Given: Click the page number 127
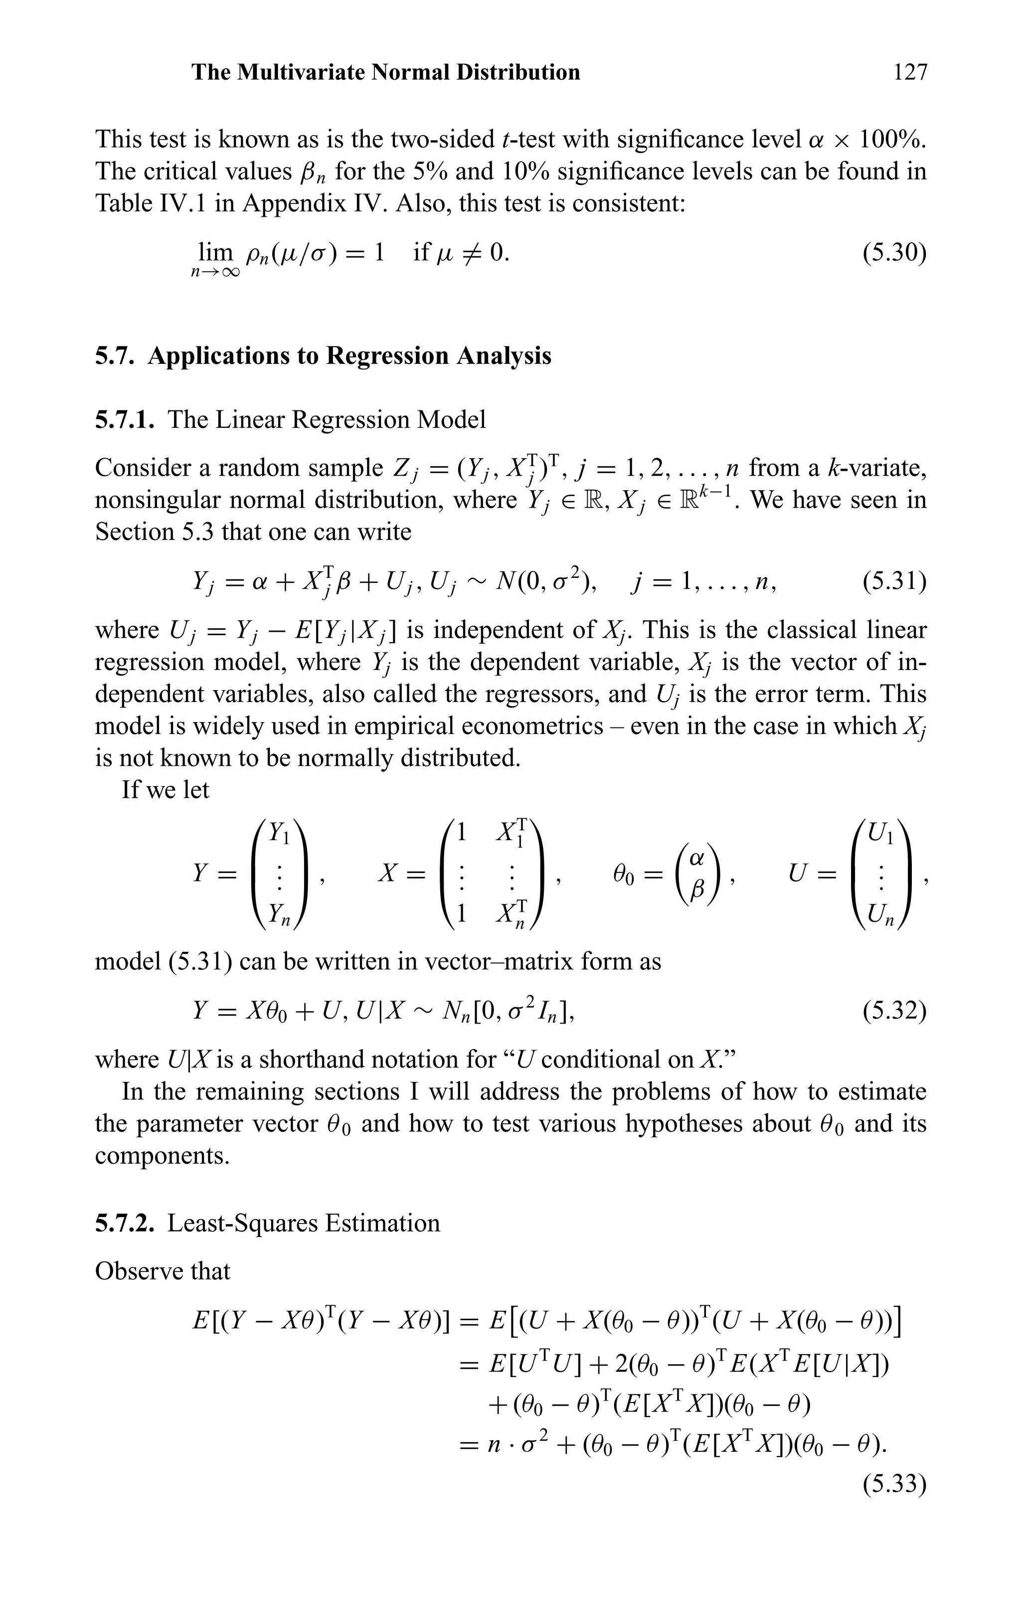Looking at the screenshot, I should pyautogui.click(x=909, y=72).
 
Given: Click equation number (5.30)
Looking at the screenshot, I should pyautogui.click(x=893, y=252).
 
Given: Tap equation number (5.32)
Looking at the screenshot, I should pyautogui.click(x=893, y=1011).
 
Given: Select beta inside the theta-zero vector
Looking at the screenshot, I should pyautogui.click(x=696, y=890).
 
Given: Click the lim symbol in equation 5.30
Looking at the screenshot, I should pyautogui.click(x=215, y=252).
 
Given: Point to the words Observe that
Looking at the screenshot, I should pyautogui.click(x=162, y=1271).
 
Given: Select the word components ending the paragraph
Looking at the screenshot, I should pyautogui.click(x=162, y=1155).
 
